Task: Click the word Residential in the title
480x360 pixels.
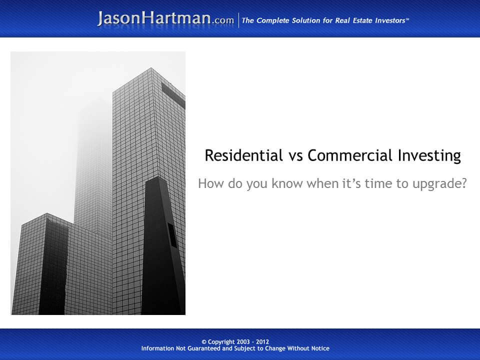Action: [243, 155]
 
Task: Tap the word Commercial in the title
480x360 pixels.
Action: [350, 155]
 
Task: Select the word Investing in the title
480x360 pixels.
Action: [429, 156]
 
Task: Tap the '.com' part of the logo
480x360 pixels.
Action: [223, 20]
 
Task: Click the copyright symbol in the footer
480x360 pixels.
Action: [204, 342]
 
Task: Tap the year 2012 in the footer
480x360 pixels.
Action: [262, 342]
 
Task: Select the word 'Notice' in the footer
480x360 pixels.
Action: [320, 348]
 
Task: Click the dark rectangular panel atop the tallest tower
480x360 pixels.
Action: [173, 95]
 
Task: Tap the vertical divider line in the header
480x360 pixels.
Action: [239, 20]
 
